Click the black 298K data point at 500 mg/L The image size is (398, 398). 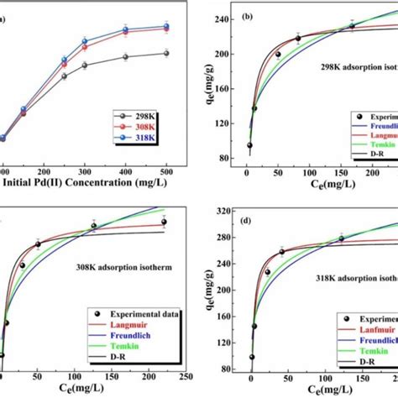pyautogui.click(x=165, y=53)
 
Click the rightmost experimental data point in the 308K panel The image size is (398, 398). pyautogui.click(x=165, y=222)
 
